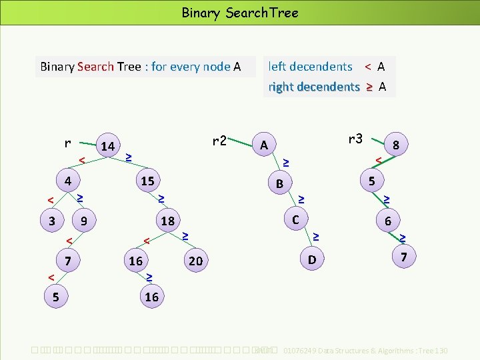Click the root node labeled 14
tap(107, 146)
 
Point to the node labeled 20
tap(195, 261)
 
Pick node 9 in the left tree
tap(83, 221)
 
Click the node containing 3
tap(53, 221)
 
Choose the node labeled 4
tap(67, 181)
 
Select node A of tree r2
tap(264, 145)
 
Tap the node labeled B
tap(280, 183)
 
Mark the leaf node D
tap(311, 258)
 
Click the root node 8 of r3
tap(396, 145)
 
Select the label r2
tap(219, 141)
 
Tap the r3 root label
tap(355, 139)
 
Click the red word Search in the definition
tap(95, 67)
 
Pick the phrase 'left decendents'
tap(310, 67)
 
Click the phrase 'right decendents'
tap(313, 87)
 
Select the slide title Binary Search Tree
tap(240, 13)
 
